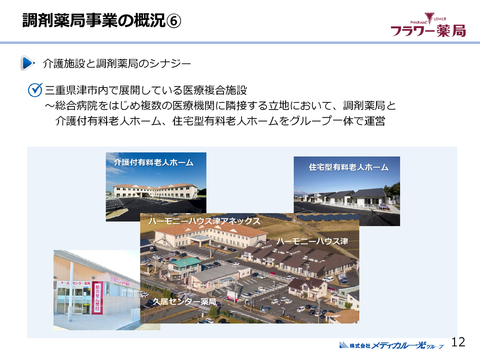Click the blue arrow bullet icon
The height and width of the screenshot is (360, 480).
pos(27,63)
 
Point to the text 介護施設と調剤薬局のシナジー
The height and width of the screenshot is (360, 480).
pos(117,63)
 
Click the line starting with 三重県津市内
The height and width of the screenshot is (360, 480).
pos(146,90)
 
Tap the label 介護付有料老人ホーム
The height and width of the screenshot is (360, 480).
pos(153,162)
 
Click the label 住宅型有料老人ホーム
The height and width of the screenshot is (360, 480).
pos(348,167)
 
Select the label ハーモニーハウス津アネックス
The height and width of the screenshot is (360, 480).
pos(204,220)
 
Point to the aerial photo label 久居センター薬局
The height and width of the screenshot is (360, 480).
pos(184,301)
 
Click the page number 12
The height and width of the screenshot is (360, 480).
pos(458,342)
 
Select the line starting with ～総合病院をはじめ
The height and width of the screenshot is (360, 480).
pos(220,106)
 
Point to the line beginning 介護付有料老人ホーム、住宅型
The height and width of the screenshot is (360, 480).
pos(220,121)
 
